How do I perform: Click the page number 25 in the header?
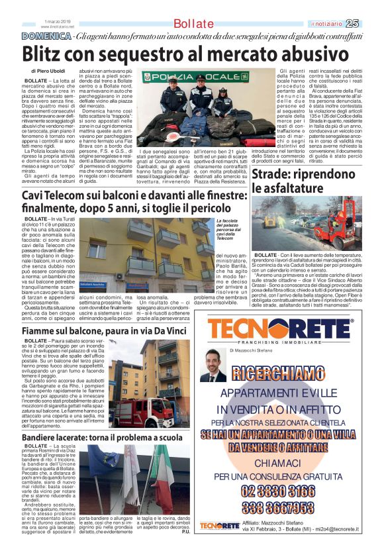point(370,23)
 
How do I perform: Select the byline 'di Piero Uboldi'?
point(50,70)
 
